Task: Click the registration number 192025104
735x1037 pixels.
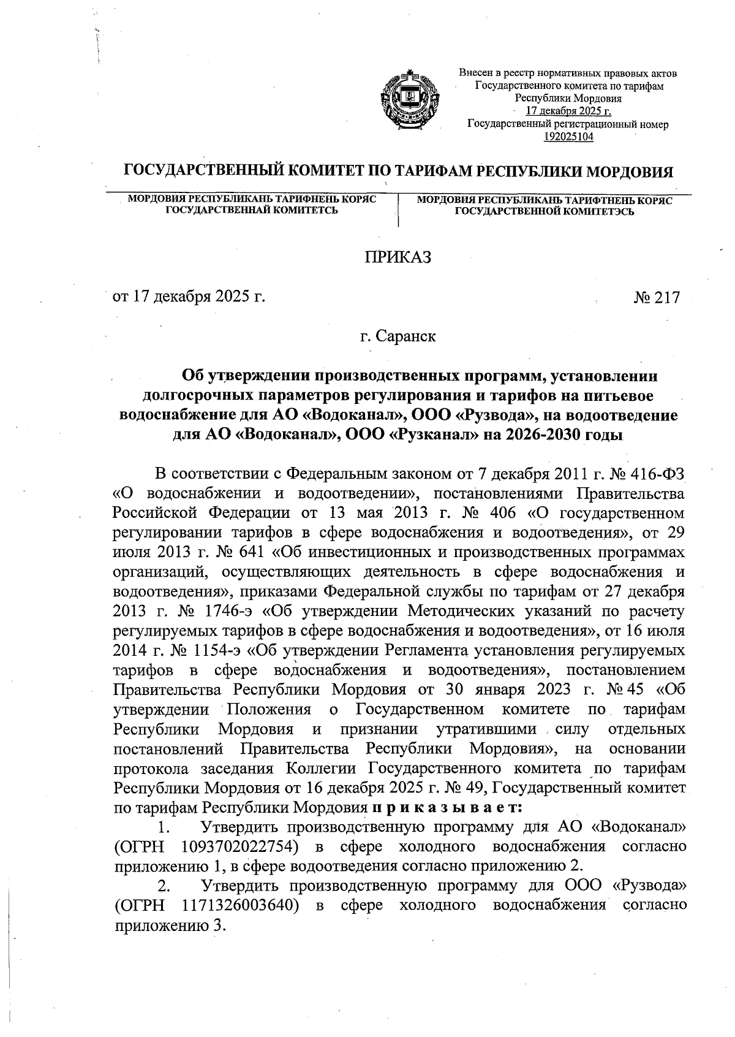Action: click(568, 137)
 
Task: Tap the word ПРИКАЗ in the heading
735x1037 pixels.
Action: click(398, 257)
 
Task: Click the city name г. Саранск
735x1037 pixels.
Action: click(398, 336)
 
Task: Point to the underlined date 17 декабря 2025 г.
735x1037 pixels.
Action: click(568, 112)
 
